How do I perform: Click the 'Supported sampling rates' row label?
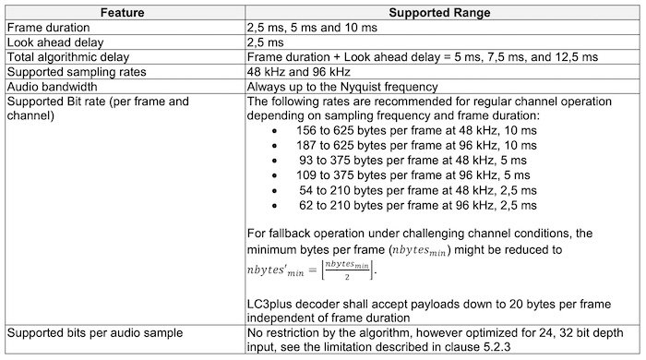74,71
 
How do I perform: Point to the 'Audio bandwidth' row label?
54,85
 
